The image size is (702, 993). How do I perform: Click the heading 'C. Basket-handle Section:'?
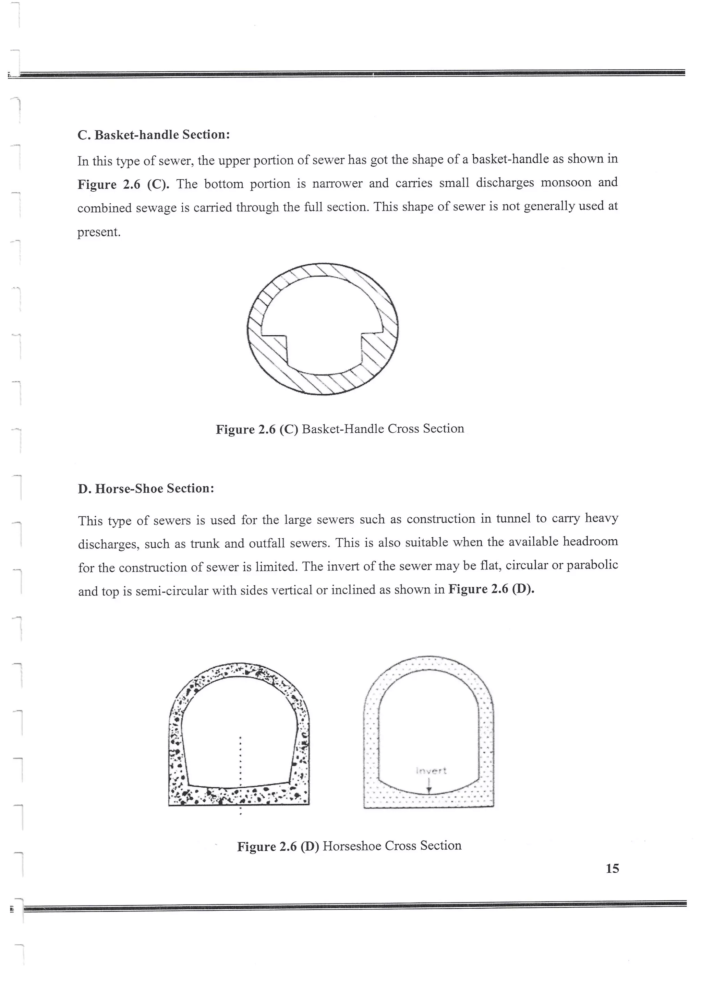pos(154,135)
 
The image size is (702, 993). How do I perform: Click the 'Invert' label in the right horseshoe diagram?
pos(431,771)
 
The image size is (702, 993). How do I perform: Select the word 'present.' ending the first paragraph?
pos(99,232)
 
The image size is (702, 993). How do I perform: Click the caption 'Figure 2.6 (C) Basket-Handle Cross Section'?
pos(340,429)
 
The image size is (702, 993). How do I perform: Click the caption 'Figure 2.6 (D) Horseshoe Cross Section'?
pos(349,846)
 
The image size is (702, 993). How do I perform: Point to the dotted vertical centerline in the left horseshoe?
pos(240,761)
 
